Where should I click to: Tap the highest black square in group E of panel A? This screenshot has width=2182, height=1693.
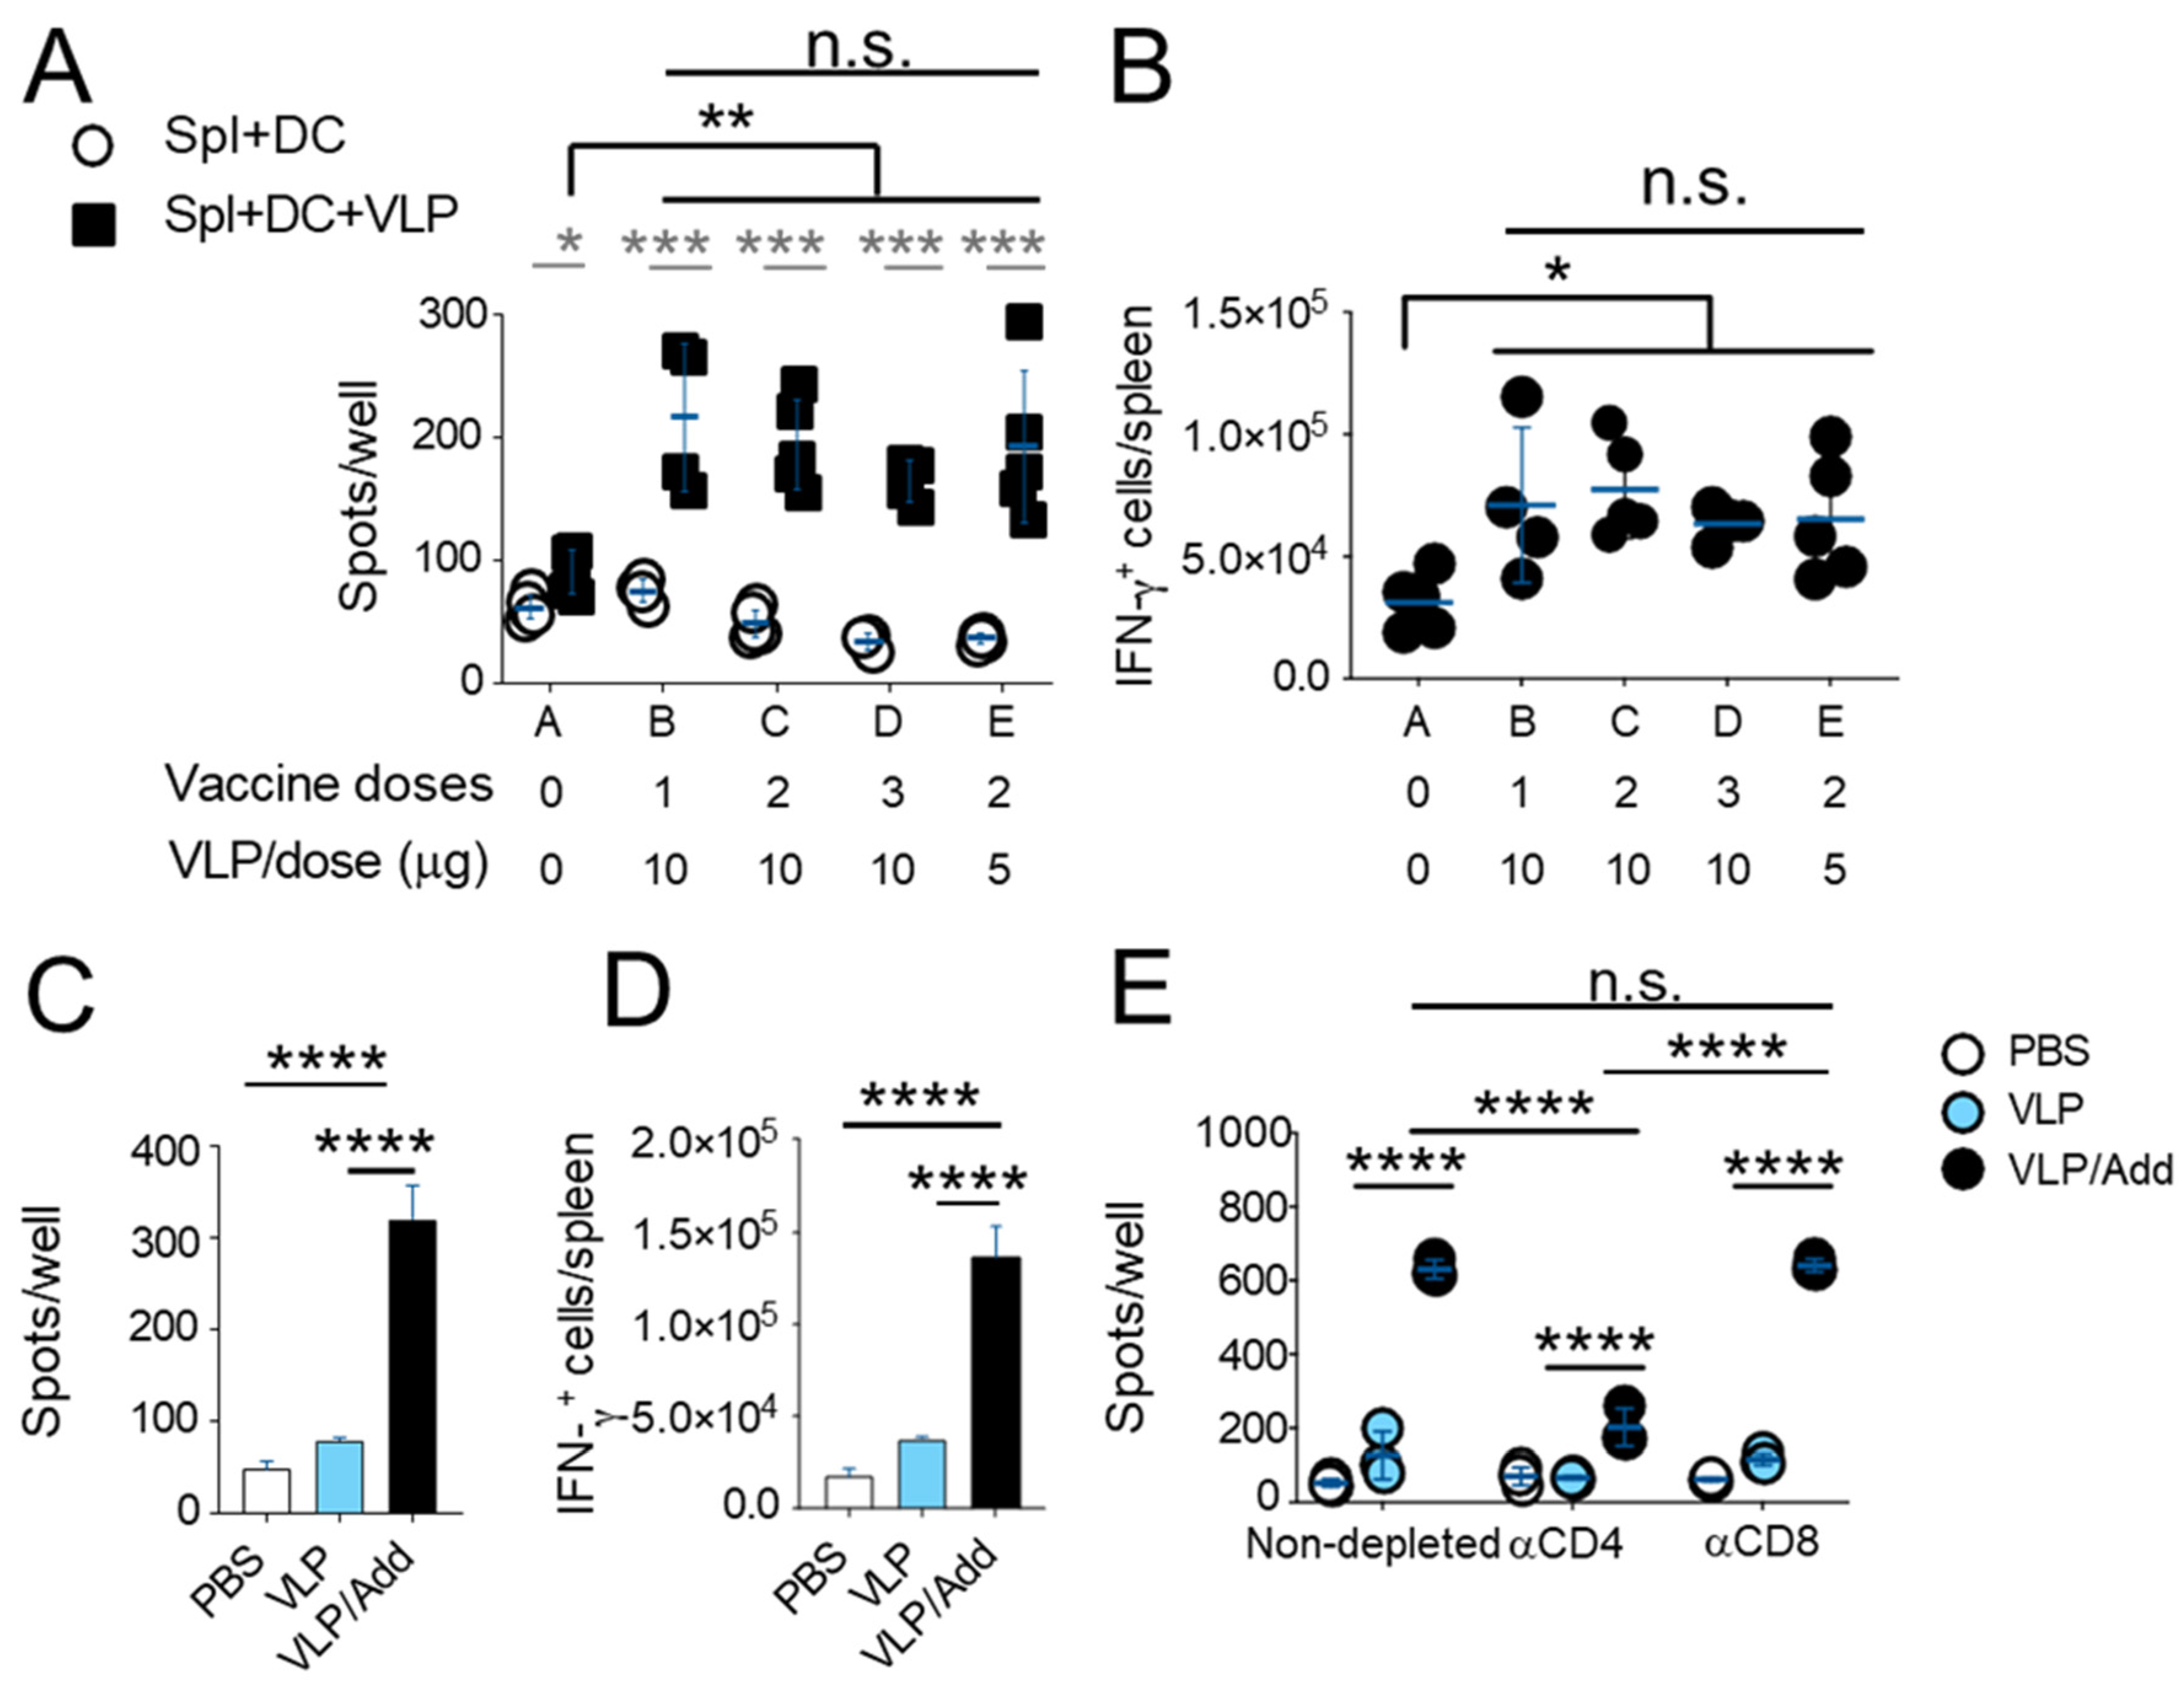coord(1024,322)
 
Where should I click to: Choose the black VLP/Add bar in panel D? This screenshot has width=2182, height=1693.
coord(995,1382)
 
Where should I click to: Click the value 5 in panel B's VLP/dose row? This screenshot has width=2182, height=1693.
coord(1832,870)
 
